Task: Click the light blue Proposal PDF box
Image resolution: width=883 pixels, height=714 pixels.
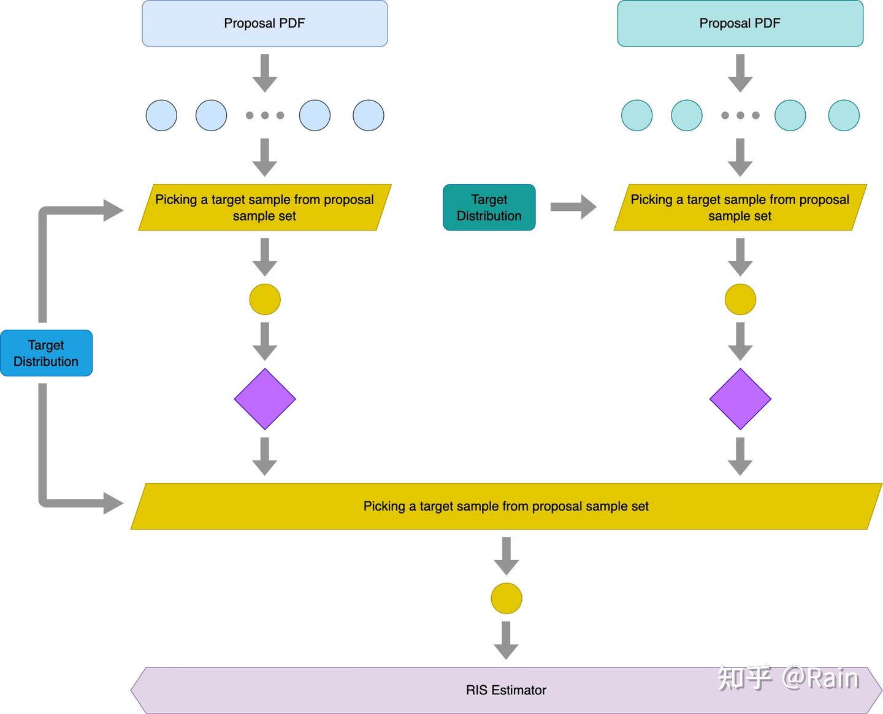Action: click(264, 23)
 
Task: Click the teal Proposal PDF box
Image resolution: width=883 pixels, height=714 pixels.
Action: click(740, 23)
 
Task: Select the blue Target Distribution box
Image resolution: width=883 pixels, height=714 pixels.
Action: click(46, 353)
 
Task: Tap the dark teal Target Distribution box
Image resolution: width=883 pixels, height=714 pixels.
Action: click(489, 207)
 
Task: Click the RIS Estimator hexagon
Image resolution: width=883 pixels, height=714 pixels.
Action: click(505, 690)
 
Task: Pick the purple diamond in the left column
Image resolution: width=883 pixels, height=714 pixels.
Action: click(265, 399)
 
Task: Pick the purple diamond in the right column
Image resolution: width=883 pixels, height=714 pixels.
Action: click(740, 399)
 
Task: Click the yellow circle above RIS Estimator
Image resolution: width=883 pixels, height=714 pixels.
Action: click(506, 598)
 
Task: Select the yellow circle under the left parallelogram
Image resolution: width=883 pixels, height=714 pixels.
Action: click(265, 299)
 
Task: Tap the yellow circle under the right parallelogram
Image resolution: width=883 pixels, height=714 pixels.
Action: click(740, 299)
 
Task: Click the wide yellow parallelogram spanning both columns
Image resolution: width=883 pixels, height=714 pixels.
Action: click(505, 506)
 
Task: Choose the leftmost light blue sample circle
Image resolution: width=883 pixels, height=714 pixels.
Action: click(161, 115)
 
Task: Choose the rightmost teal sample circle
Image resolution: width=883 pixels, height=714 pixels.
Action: click(844, 115)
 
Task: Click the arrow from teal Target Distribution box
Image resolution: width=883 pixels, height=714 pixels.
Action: click(573, 207)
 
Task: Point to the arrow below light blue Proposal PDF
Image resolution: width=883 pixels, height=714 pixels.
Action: click(265, 72)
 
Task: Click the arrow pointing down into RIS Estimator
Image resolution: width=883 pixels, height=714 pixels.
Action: click(506, 640)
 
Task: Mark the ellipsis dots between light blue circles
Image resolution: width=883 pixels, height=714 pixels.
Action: click(265, 115)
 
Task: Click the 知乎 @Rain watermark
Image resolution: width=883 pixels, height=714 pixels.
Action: click(788, 678)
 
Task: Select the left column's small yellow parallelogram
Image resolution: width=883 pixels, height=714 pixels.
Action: click(264, 207)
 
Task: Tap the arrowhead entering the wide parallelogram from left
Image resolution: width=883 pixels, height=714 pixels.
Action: click(113, 503)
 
